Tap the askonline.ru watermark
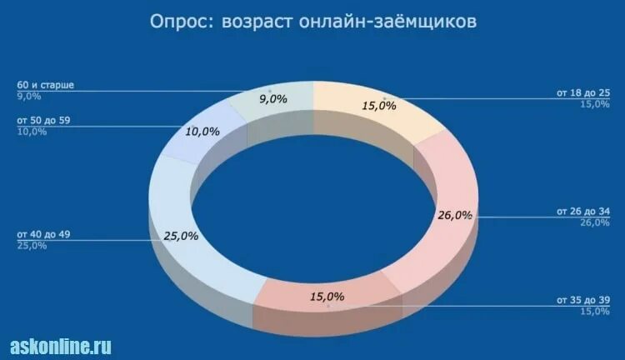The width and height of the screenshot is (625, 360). (60, 346)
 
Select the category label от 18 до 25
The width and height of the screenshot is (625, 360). (582, 92)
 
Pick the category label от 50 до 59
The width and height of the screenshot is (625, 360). (43, 121)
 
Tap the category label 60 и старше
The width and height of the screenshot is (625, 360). (45, 86)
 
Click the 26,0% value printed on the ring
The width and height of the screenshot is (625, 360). (455, 215)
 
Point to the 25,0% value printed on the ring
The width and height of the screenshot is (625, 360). (181, 236)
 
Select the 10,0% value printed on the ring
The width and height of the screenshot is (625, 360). (202, 132)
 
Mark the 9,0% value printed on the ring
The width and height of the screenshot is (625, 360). (273, 99)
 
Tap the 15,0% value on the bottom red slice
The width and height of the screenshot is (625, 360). (327, 297)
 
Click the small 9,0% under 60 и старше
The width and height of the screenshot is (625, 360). (29, 97)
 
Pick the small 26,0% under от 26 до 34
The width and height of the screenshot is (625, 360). (594, 222)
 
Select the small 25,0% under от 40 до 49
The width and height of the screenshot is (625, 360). (32, 245)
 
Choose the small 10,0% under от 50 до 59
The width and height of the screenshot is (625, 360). (32, 132)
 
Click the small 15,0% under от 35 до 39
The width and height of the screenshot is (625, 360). (594, 311)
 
